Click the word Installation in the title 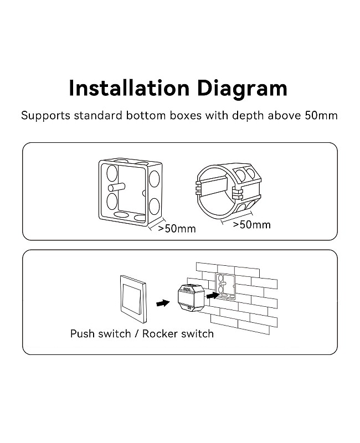coord(129,88)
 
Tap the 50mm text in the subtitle coord(321,116)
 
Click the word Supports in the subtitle coord(45,116)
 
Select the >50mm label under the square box coord(177,229)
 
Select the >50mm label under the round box coord(251,225)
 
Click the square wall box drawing coord(131,192)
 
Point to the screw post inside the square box coord(117,187)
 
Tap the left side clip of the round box coord(199,187)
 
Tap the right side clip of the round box coord(238,193)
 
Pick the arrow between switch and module coord(163,303)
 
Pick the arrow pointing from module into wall coord(213,296)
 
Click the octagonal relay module coord(191,297)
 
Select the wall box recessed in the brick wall coord(225,286)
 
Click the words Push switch coord(100,334)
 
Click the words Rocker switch coord(178,334)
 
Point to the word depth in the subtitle coord(248,116)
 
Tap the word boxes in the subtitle coord(186,116)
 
